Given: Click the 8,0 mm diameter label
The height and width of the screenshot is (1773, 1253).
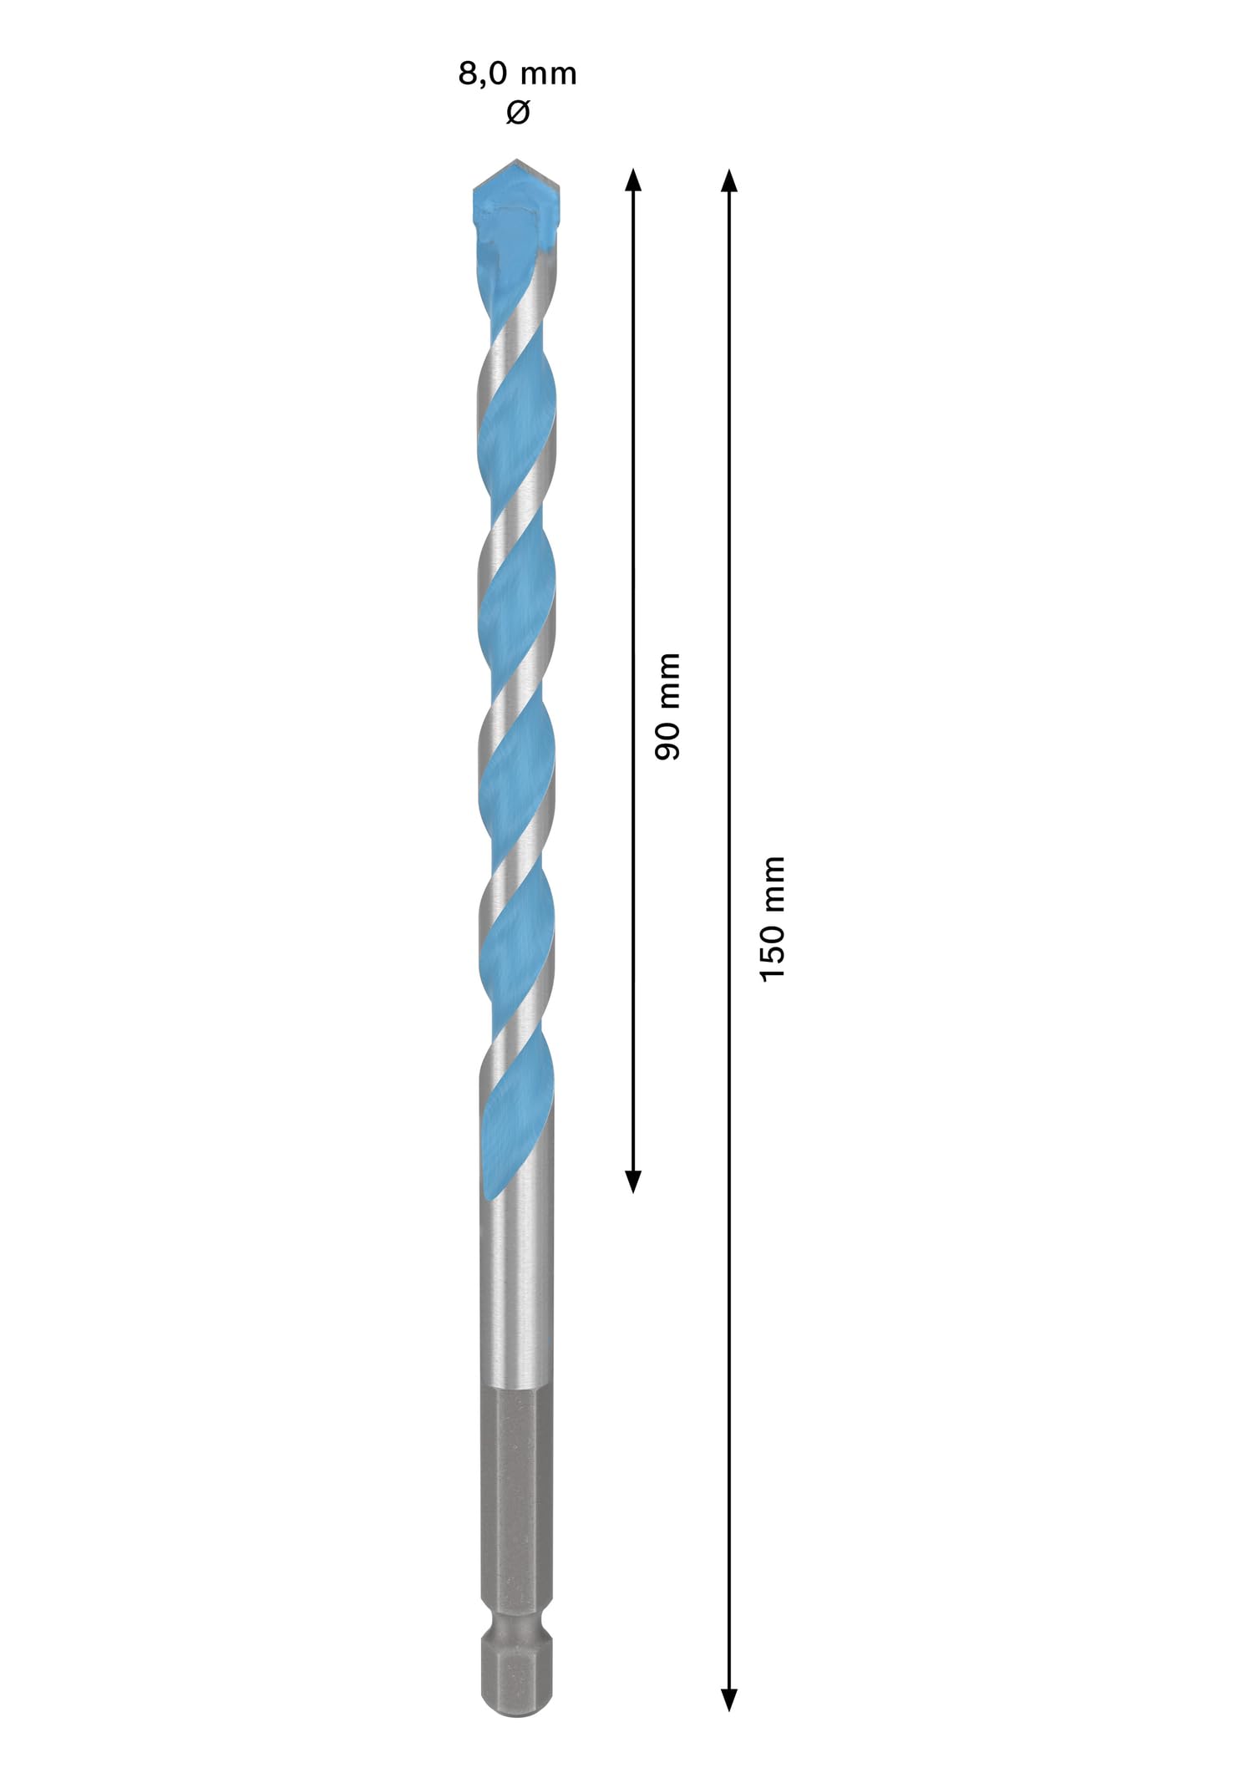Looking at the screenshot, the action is pos(517,74).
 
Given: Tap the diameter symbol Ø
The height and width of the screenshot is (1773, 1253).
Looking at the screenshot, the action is pos(518,112).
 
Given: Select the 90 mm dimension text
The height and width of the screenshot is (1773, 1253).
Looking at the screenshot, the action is pos(667,707).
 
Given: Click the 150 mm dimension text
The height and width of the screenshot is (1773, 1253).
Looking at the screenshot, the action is pos(773,918).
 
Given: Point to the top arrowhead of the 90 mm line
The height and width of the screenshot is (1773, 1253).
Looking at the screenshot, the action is pos(633,180).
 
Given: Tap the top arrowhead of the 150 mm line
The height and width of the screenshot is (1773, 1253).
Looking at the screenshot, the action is pos(729,180).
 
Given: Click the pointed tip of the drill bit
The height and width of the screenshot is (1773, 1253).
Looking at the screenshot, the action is pos(517,160).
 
